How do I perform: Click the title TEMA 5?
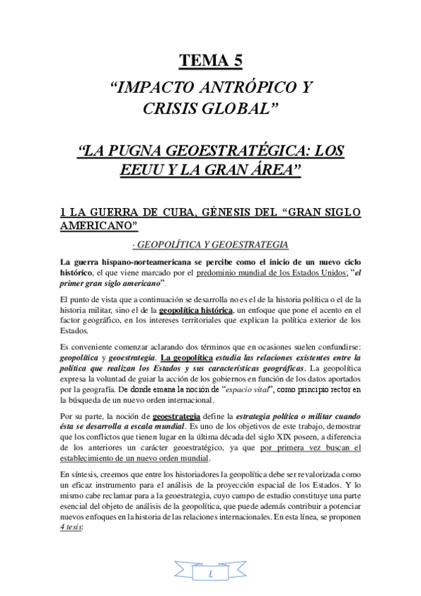(211, 62)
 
